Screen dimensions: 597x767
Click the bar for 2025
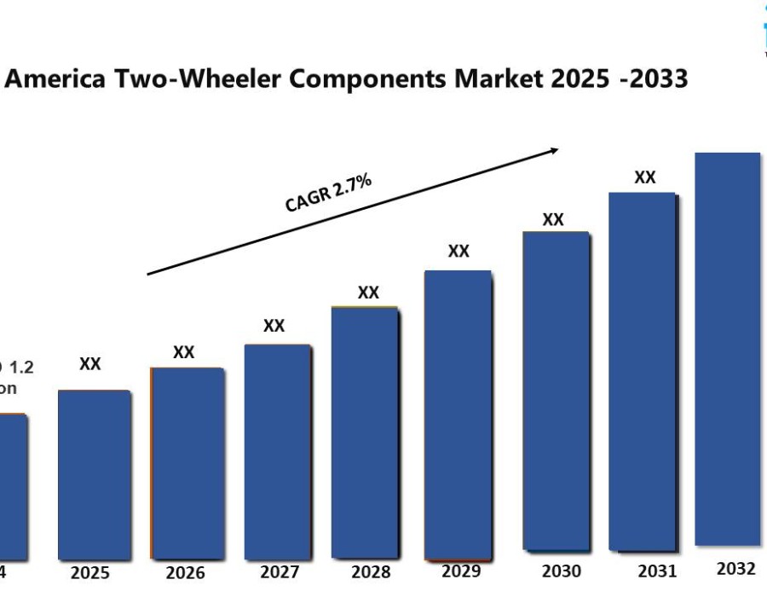pyautogui.click(x=95, y=474)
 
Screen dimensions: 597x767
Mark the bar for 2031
pyautogui.click(x=643, y=371)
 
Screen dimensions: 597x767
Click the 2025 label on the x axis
pyautogui.click(x=90, y=573)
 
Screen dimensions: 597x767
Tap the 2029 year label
pyautogui.click(x=461, y=571)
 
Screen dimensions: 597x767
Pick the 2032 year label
pyautogui.click(x=735, y=568)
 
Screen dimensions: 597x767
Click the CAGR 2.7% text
pyautogui.click(x=328, y=193)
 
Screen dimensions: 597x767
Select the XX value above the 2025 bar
pyautogui.click(x=90, y=364)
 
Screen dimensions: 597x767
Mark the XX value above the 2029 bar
pyautogui.click(x=458, y=251)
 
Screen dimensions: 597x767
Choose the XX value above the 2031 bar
pyautogui.click(x=645, y=177)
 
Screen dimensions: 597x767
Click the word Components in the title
pyautogui.click(x=369, y=78)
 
